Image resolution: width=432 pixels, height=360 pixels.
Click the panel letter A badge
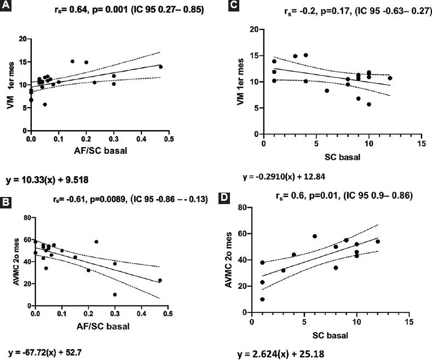[x=7, y=7]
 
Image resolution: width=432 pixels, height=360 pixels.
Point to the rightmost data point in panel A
[x=160, y=67]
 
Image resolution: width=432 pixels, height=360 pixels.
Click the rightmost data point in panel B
[x=160, y=280]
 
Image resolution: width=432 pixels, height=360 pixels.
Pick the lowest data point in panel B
[x=115, y=294]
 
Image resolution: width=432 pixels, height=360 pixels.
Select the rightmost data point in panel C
[x=390, y=78]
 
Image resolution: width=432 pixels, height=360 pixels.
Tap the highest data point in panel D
[x=315, y=236]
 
